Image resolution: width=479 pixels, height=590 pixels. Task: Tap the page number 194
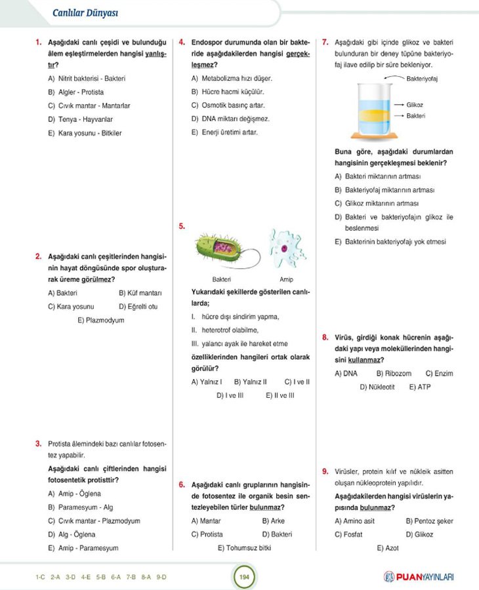pos(243,577)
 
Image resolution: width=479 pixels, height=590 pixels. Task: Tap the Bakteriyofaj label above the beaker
pos(422,79)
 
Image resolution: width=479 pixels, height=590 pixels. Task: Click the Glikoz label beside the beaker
pos(415,105)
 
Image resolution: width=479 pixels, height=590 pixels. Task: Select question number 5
pos(182,227)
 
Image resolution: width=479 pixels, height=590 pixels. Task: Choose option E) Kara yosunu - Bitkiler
pos(85,133)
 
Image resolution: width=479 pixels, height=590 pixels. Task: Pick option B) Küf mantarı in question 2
pos(140,293)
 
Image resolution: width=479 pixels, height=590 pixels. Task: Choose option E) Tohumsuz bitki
pos(243,548)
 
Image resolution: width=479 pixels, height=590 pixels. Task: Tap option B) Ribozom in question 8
pos(394,374)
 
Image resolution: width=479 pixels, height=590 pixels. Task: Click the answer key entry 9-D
pos(161,577)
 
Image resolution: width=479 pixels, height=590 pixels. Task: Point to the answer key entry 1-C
pos(41,577)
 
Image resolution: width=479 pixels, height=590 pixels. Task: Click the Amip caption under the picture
pos(286,279)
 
